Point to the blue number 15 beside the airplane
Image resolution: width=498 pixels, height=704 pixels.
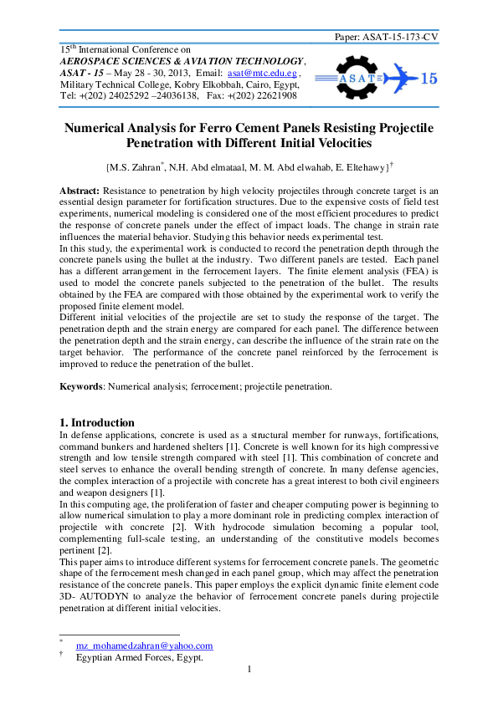(x=427, y=79)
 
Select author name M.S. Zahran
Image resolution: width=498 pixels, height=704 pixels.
(x=136, y=168)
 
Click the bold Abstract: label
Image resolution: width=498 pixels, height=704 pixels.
(x=80, y=191)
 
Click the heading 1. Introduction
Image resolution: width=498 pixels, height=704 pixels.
(x=97, y=422)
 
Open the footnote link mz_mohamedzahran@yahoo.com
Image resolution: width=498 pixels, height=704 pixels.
(x=144, y=645)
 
